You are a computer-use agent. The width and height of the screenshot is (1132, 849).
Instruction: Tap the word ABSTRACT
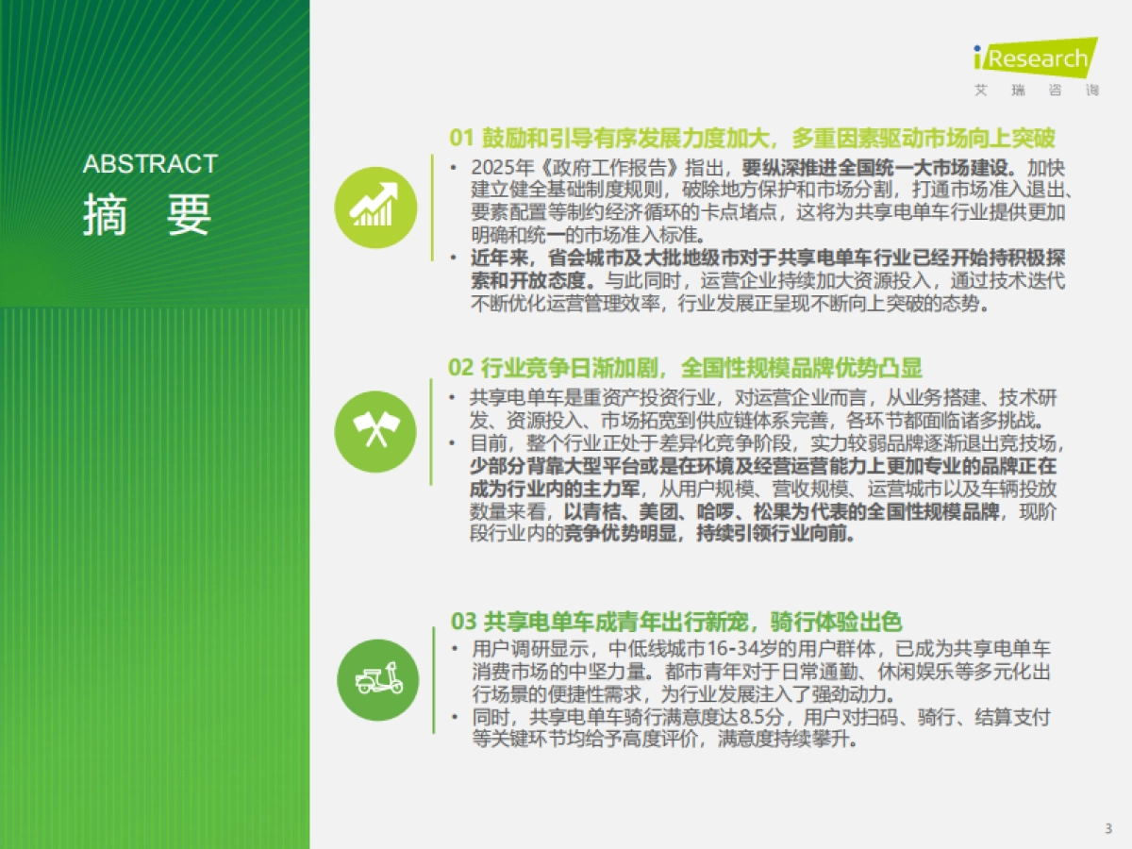click(x=150, y=164)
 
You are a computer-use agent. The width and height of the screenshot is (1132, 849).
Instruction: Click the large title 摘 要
click(x=147, y=215)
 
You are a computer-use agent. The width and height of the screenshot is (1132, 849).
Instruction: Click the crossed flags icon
click(x=375, y=431)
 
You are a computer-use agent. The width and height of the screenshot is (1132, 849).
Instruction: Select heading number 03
click(x=462, y=622)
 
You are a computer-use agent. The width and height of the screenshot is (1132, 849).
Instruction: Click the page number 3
click(x=1107, y=829)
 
